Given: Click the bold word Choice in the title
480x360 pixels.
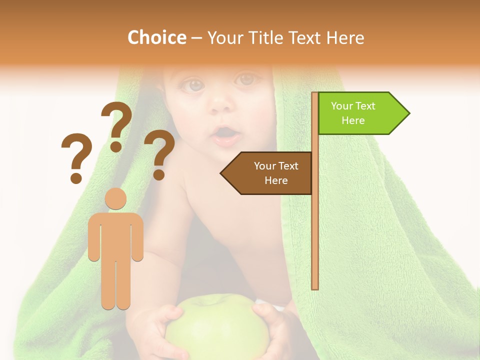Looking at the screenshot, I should tap(156, 37).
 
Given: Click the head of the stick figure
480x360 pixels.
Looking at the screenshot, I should tap(115, 198).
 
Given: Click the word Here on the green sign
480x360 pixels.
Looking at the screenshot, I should tap(353, 120).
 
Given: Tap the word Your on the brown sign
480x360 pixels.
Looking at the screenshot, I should tap(264, 166).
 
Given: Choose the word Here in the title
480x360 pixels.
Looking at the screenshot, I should tap(345, 37).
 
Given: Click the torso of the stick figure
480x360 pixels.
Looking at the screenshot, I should tap(115, 235).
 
